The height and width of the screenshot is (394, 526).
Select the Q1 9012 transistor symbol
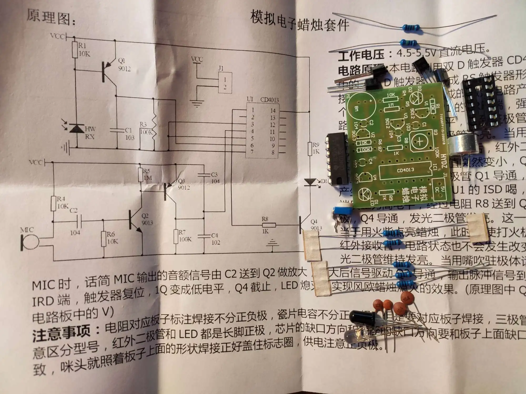[x=109, y=71]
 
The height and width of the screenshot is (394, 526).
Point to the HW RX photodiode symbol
[x=77, y=128]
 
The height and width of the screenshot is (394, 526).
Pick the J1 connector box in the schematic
[x=225, y=82]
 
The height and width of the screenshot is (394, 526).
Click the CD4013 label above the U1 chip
[x=269, y=100]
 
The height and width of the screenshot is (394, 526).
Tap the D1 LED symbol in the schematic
[x=310, y=182]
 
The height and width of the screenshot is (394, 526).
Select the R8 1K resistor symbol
[x=269, y=225]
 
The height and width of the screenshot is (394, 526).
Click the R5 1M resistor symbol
[x=141, y=174]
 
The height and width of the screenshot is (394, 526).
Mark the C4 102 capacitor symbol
[x=204, y=236]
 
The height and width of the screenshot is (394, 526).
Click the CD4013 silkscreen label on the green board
[x=405, y=170]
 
